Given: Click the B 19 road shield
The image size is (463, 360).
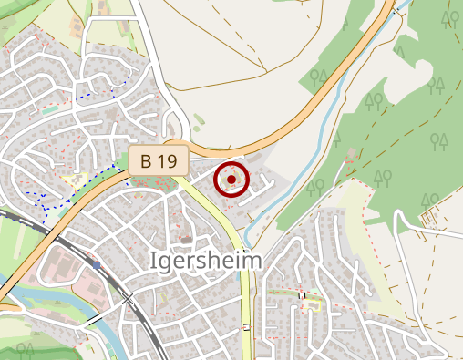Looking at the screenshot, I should [158, 161].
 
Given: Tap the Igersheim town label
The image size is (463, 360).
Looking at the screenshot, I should [205, 262].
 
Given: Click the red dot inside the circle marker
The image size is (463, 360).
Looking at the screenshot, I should [231, 180].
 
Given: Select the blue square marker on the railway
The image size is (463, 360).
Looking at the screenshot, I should [96, 265].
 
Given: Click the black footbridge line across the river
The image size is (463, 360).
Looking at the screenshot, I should [95, 320].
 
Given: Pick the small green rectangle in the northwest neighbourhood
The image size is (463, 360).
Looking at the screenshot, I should [49, 110].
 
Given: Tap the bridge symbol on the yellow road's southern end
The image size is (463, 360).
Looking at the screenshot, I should [246, 327].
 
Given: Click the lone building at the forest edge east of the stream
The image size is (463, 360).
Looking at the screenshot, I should [351, 154].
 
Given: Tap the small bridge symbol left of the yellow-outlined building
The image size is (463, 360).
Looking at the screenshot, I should [302, 294].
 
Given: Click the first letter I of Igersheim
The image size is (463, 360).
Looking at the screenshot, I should [152, 262].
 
